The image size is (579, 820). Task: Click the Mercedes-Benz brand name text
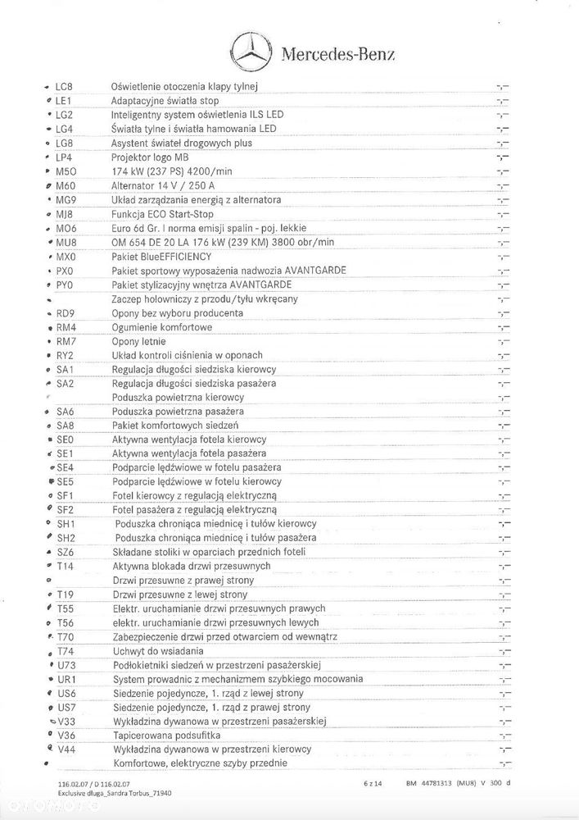pyautogui.click(x=338, y=55)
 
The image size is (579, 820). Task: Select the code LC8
pyautogui.click(x=64, y=86)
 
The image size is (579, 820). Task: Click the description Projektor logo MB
pyautogui.click(x=150, y=157)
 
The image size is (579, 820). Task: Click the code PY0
pyautogui.click(x=65, y=285)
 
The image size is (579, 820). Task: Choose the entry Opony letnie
pyautogui.click(x=138, y=341)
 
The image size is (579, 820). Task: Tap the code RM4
pyautogui.click(x=66, y=327)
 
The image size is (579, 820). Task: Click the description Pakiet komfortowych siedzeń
pyautogui.click(x=175, y=426)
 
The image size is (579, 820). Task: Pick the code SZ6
pyautogui.click(x=66, y=552)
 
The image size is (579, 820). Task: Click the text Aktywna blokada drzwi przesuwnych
pyautogui.click(x=191, y=566)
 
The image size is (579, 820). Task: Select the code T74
pyautogui.click(x=66, y=651)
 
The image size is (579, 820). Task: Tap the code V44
pyautogui.click(x=66, y=749)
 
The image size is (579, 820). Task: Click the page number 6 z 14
pyautogui.click(x=373, y=783)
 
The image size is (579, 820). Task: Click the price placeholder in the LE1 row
pyautogui.click(x=503, y=100)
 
